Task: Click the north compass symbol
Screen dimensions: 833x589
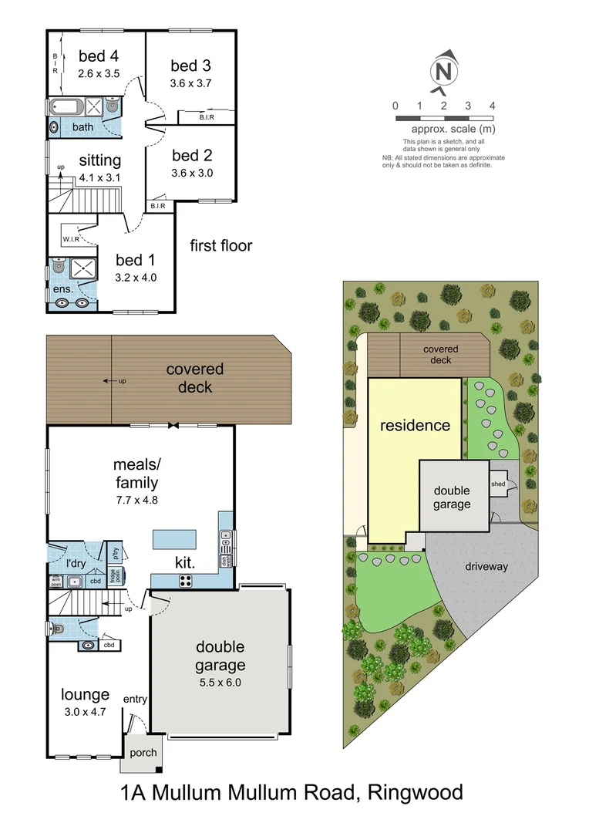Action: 443,71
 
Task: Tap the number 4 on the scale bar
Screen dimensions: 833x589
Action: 492,106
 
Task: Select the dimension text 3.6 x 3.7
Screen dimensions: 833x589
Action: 190,83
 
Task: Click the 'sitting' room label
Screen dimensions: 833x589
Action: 99,160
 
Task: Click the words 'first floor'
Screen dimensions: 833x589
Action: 221,246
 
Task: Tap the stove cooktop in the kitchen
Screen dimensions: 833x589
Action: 187,581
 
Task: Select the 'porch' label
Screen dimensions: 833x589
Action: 143,753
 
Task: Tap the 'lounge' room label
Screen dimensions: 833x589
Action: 85,695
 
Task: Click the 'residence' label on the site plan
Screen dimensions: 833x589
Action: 414,425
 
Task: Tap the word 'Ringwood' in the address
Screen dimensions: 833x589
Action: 416,792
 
